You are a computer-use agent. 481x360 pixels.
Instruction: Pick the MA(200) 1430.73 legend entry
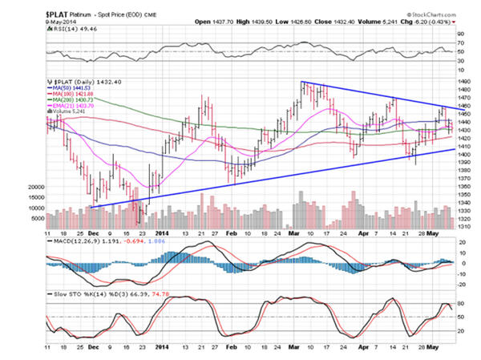(x=78, y=99)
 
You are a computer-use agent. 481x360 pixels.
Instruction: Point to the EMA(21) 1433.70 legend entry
(x=78, y=104)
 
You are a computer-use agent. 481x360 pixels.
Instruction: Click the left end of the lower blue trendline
(x=89, y=208)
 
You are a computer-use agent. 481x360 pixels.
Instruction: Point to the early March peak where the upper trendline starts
(x=302, y=82)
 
